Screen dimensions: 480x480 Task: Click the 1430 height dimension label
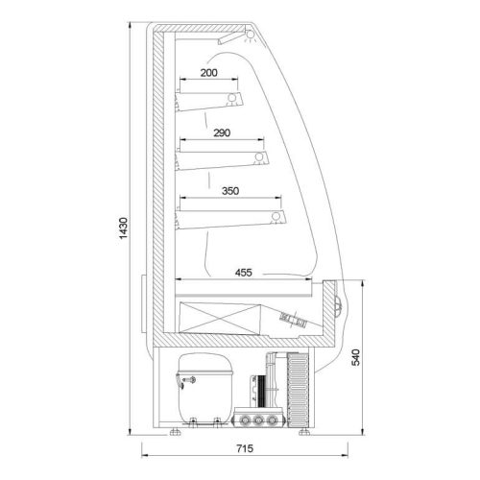coord(123,228)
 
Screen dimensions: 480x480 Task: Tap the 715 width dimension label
coord(245,448)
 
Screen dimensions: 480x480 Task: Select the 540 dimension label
coord(355,357)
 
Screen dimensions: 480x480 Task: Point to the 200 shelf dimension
coord(209,73)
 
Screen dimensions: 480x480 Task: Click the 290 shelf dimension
coord(222,132)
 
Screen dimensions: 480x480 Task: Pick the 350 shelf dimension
coord(230,191)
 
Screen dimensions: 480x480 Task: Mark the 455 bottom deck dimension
coord(244,273)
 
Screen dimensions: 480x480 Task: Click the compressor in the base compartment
coord(204,389)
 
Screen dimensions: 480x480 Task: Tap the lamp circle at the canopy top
coord(250,35)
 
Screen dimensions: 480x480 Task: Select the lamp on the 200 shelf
coord(232,97)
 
